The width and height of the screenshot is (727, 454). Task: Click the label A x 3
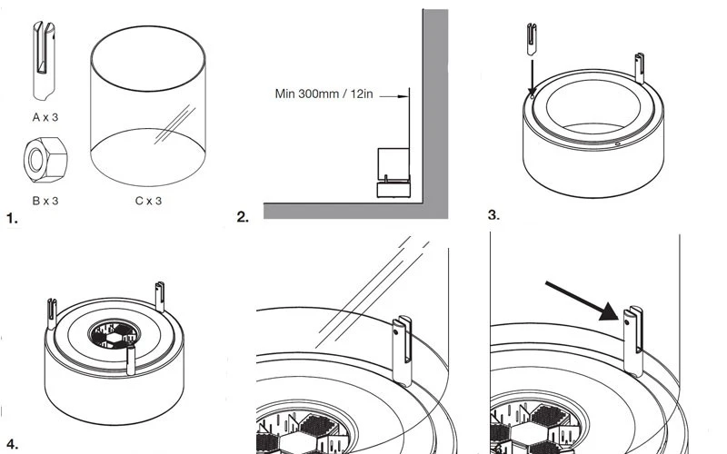click(45, 116)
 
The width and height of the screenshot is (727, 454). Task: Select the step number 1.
click(12, 218)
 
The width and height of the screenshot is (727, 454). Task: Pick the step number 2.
click(243, 217)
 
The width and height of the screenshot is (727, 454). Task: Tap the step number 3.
click(493, 215)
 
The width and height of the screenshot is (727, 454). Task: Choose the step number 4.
click(12, 444)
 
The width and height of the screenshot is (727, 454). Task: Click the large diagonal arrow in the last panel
click(583, 301)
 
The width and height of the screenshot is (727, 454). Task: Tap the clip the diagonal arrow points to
click(633, 340)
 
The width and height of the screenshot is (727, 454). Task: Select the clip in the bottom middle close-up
click(403, 350)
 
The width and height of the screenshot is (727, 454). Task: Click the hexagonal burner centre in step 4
click(113, 334)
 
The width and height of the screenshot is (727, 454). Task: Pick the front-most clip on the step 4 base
click(131, 357)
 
